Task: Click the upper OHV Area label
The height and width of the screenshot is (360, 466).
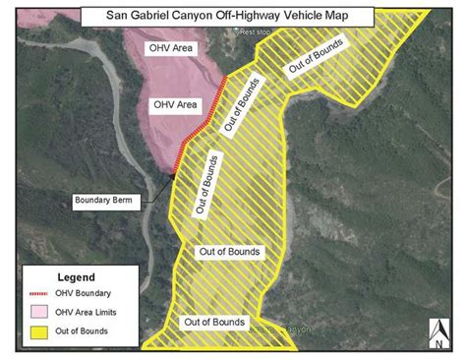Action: tap(170, 48)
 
